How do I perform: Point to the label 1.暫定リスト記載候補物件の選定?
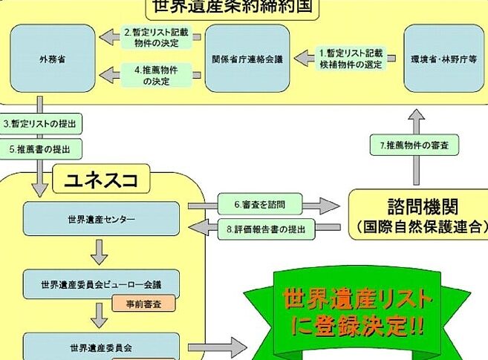[351, 57]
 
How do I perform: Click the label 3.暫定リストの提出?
[41, 122]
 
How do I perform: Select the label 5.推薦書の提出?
[41, 148]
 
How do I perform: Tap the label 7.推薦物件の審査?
[414, 146]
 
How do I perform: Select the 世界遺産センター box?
[102, 219]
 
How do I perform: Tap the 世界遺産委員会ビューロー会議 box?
[102, 283]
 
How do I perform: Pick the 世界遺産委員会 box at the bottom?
[102, 346]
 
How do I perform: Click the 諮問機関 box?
[417, 214]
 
